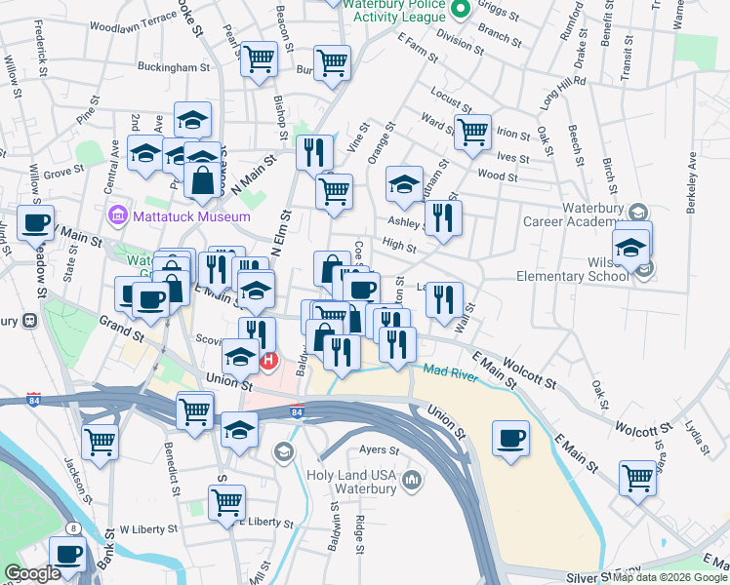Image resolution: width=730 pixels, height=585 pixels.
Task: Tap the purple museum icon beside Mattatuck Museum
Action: click(118, 214)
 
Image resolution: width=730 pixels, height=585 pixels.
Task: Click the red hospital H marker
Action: click(269, 361)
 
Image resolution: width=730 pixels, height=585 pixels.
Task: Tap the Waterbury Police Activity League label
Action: click(398, 10)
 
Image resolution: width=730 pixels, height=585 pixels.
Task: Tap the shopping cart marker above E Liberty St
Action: click(226, 503)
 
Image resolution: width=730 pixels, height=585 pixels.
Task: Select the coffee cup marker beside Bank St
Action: click(67, 553)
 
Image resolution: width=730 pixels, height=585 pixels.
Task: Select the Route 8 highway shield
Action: click(72, 528)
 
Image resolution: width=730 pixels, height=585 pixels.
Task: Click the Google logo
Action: click(32, 573)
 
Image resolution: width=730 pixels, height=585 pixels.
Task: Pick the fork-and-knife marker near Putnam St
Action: click(443, 217)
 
